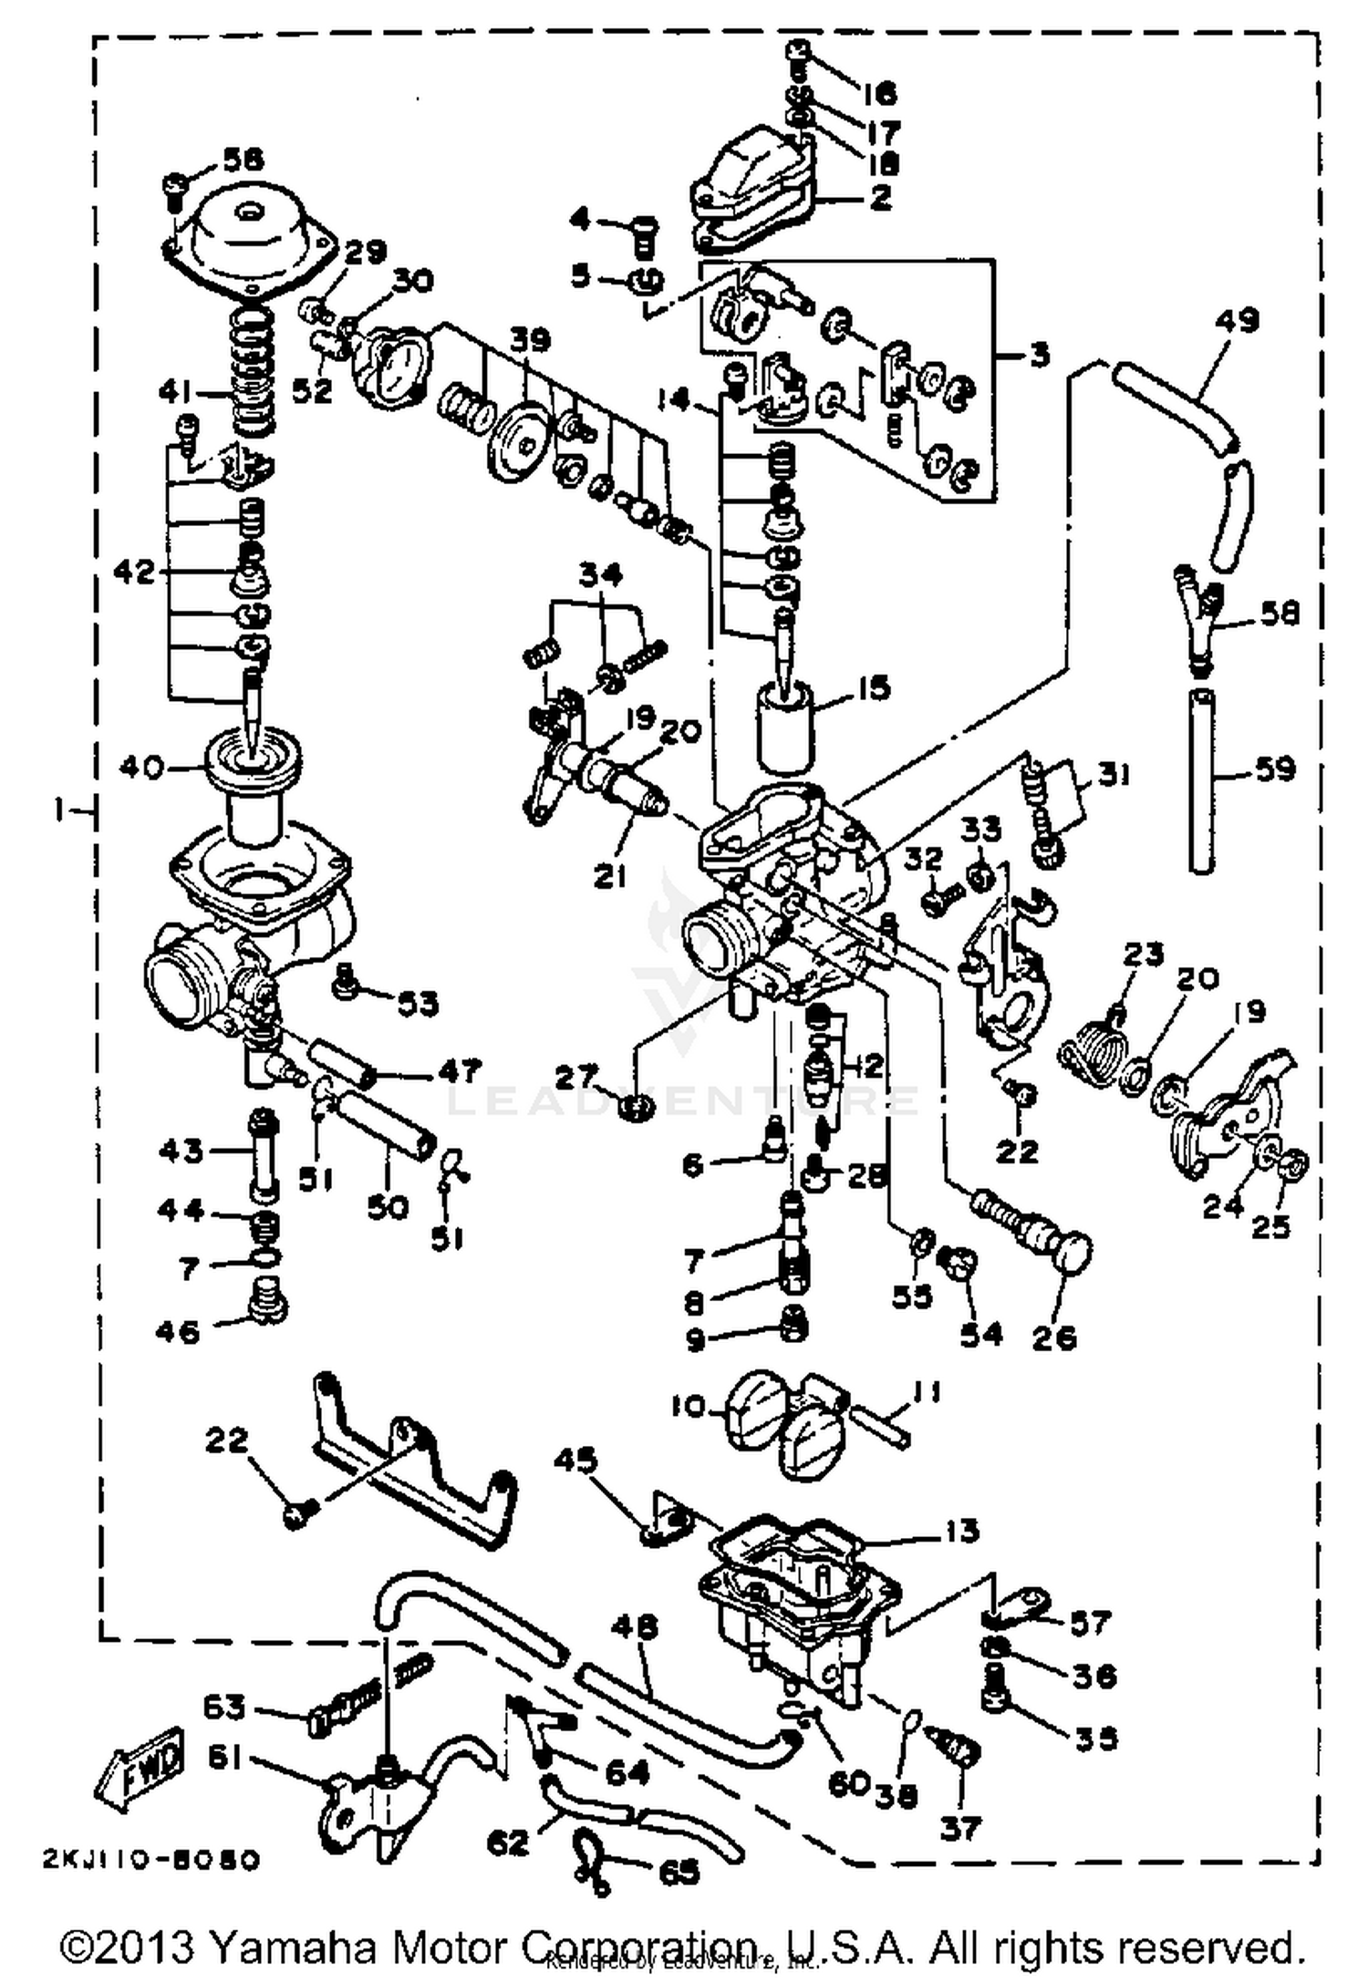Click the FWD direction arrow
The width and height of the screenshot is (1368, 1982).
point(140,1763)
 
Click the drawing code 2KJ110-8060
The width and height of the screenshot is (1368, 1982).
point(150,1860)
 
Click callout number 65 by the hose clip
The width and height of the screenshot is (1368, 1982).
point(679,1872)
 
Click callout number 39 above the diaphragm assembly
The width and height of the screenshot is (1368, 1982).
point(530,340)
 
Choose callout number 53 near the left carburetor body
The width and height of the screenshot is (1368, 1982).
point(417,1004)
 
